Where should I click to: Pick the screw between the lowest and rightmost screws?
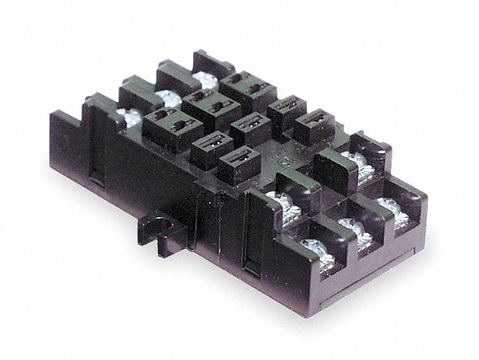350,227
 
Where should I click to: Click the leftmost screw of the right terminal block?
276,199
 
